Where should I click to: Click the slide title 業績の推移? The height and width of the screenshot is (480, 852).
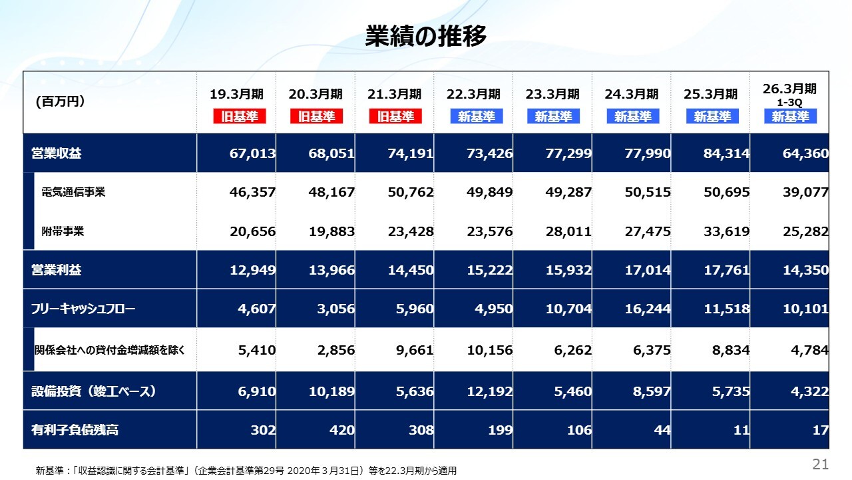coord(426,36)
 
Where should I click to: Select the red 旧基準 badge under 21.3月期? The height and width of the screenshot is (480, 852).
coord(395,117)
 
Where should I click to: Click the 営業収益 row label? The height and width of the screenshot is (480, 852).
coord(57,154)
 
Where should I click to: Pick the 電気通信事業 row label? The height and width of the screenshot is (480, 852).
coord(73,193)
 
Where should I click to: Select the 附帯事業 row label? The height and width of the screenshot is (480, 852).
coord(63,232)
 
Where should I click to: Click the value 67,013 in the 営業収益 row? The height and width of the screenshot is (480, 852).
coord(252,154)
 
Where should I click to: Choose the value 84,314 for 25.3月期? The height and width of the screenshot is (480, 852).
coord(726,154)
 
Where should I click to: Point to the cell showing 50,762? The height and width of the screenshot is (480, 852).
coord(410,193)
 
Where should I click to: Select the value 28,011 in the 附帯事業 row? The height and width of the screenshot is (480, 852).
coord(568,232)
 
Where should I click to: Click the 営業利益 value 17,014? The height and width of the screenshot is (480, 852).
coord(647,271)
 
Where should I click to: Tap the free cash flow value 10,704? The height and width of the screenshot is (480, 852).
coord(568,309)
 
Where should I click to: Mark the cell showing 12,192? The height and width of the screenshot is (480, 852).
coord(489,391)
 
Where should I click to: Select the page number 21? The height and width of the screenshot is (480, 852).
coord(820,463)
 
